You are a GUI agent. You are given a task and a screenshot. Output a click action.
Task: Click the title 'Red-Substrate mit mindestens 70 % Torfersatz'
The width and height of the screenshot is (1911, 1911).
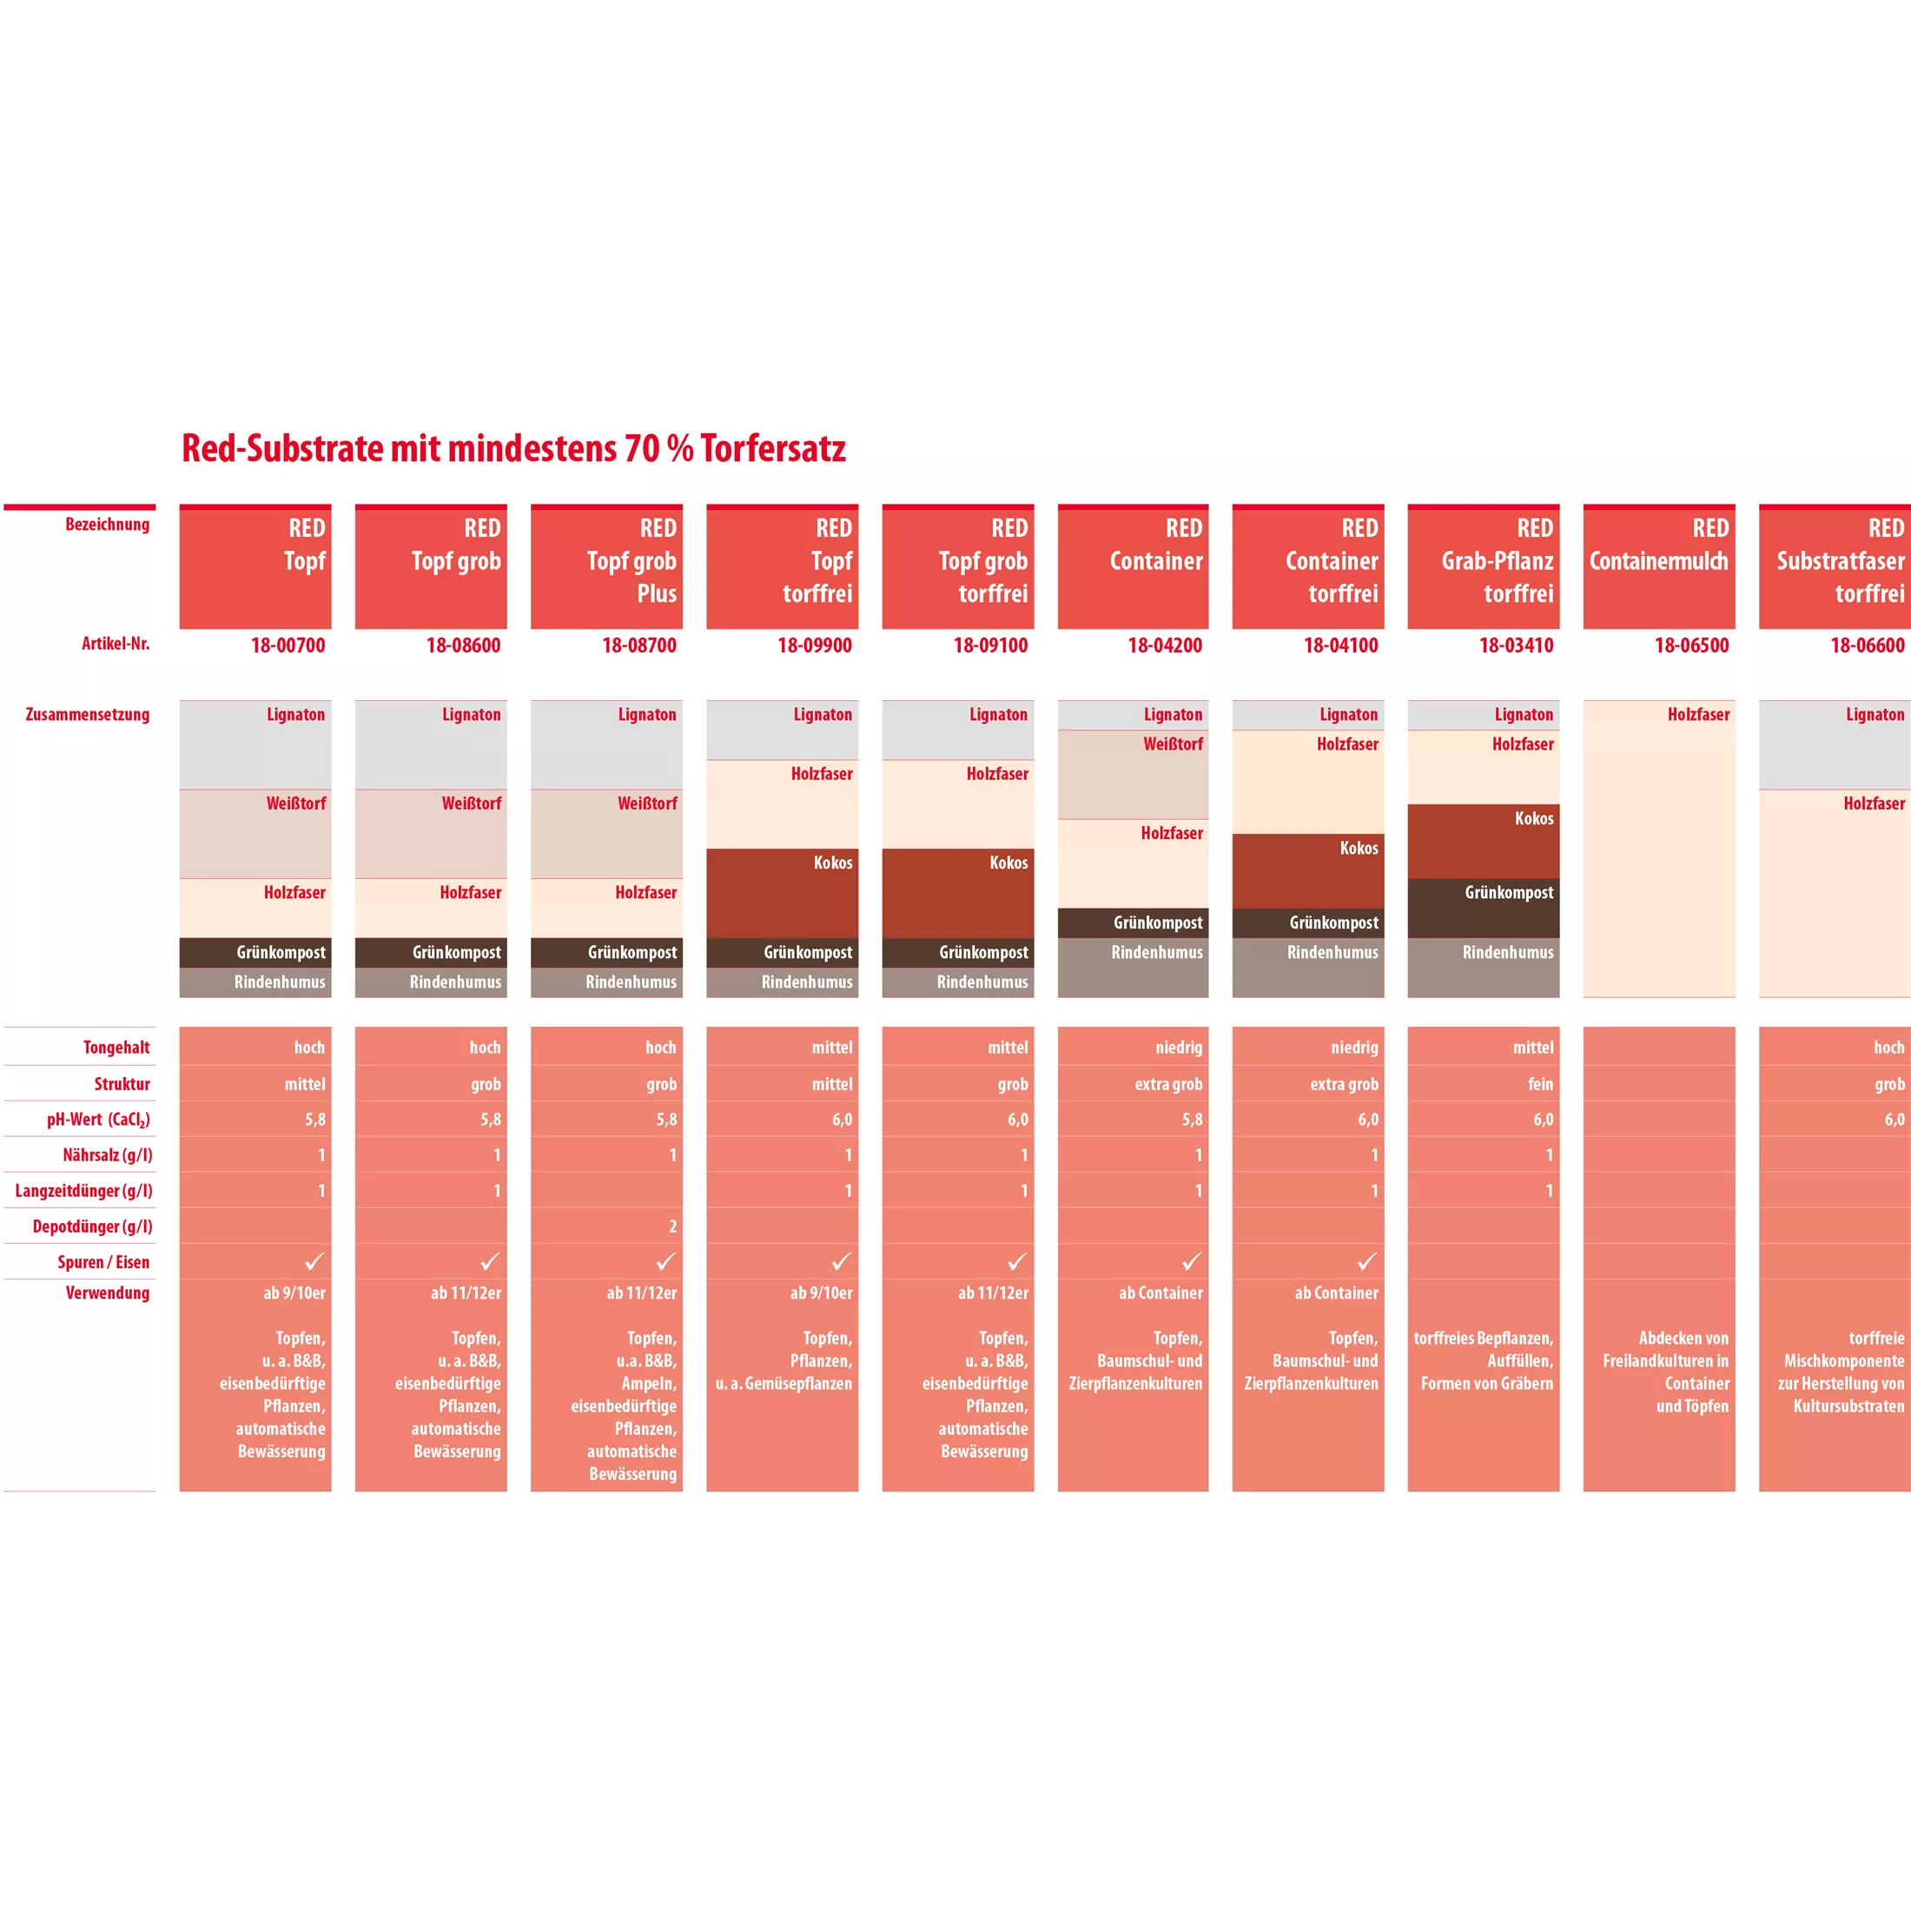(x=513, y=449)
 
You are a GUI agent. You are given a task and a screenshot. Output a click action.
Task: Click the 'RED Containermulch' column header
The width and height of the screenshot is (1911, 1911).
(x=1659, y=562)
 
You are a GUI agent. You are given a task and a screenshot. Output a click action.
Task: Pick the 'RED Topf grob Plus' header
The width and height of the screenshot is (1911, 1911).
(x=632, y=562)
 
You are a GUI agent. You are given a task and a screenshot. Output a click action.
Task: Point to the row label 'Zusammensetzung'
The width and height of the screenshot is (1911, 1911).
(x=87, y=714)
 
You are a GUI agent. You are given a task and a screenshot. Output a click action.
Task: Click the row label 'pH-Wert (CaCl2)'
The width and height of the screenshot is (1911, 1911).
(x=98, y=1120)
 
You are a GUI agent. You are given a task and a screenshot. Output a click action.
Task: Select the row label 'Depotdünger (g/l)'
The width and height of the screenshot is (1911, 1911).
(x=92, y=1227)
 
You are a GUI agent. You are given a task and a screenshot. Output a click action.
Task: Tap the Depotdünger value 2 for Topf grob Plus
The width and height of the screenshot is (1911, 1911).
(x=672, y=1227)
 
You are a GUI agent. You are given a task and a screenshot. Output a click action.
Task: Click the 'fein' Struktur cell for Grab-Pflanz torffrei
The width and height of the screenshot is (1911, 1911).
(x=1540, y=1084)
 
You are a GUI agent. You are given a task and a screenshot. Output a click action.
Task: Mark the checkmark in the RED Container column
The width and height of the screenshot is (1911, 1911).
(x=1192, y=1261)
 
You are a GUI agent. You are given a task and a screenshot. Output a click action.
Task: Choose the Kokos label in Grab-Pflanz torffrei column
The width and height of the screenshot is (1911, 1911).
(x=1533, y=818)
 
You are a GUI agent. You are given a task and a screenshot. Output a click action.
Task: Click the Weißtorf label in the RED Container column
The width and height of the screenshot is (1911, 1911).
(x=1174, y=744)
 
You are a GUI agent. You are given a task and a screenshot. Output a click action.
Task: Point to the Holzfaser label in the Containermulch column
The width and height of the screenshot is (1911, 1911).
(x=1698, y=714)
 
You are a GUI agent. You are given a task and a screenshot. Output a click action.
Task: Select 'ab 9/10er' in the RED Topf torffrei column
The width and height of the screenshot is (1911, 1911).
(x=821, y=1293)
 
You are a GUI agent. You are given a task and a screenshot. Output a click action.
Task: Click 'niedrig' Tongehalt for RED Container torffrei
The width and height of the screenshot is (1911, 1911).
(x=1354, y=1048)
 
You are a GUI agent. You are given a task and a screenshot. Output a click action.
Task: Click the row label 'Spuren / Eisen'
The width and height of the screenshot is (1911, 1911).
(x=102, y=1262)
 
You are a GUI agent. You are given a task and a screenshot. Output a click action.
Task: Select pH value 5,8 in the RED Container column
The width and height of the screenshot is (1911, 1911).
(x=1192, y=1120)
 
